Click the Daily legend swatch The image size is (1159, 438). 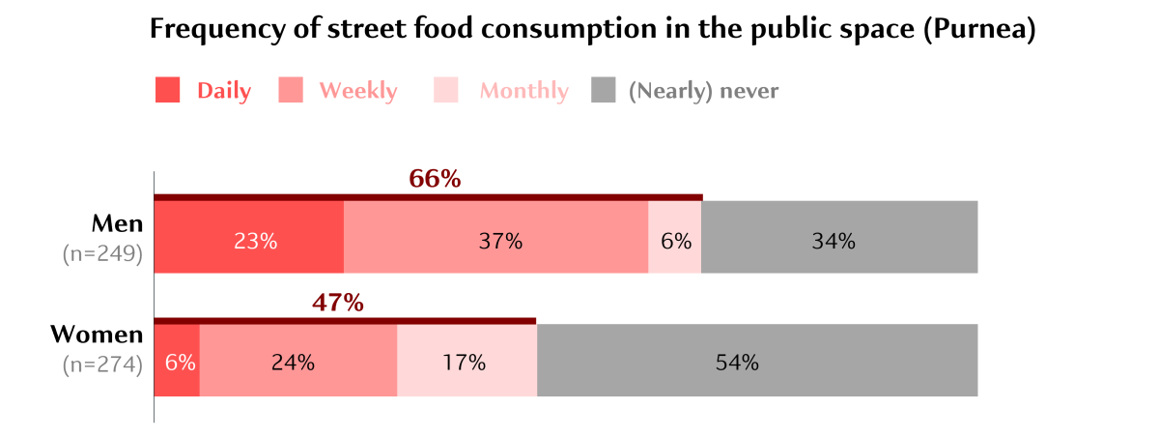[x=168, y=90]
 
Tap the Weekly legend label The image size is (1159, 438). [x=357, y=91]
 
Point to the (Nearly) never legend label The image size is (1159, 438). [x=703, y=91]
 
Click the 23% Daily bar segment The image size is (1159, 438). [x=249, y=238]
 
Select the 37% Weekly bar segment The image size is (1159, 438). [x=495, y=238]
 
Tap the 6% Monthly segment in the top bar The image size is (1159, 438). [x=675, y=238]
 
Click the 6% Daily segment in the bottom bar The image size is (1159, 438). [x=177, y=361]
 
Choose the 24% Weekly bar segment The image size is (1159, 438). [x=297, y=361]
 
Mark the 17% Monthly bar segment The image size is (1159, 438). [x=466, y=361]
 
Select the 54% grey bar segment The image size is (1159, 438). [x=757, y=361]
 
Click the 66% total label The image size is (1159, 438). [x=435, y=179]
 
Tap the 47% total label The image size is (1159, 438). [x=338, y=303]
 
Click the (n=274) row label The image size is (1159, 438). [x=102, y=365]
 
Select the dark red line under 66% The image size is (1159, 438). [x=428, y=196]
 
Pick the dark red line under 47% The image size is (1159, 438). [x=345, y=320]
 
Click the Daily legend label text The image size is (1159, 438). [x=224, y=91]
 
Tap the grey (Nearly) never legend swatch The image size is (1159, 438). [x=603, y=90]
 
